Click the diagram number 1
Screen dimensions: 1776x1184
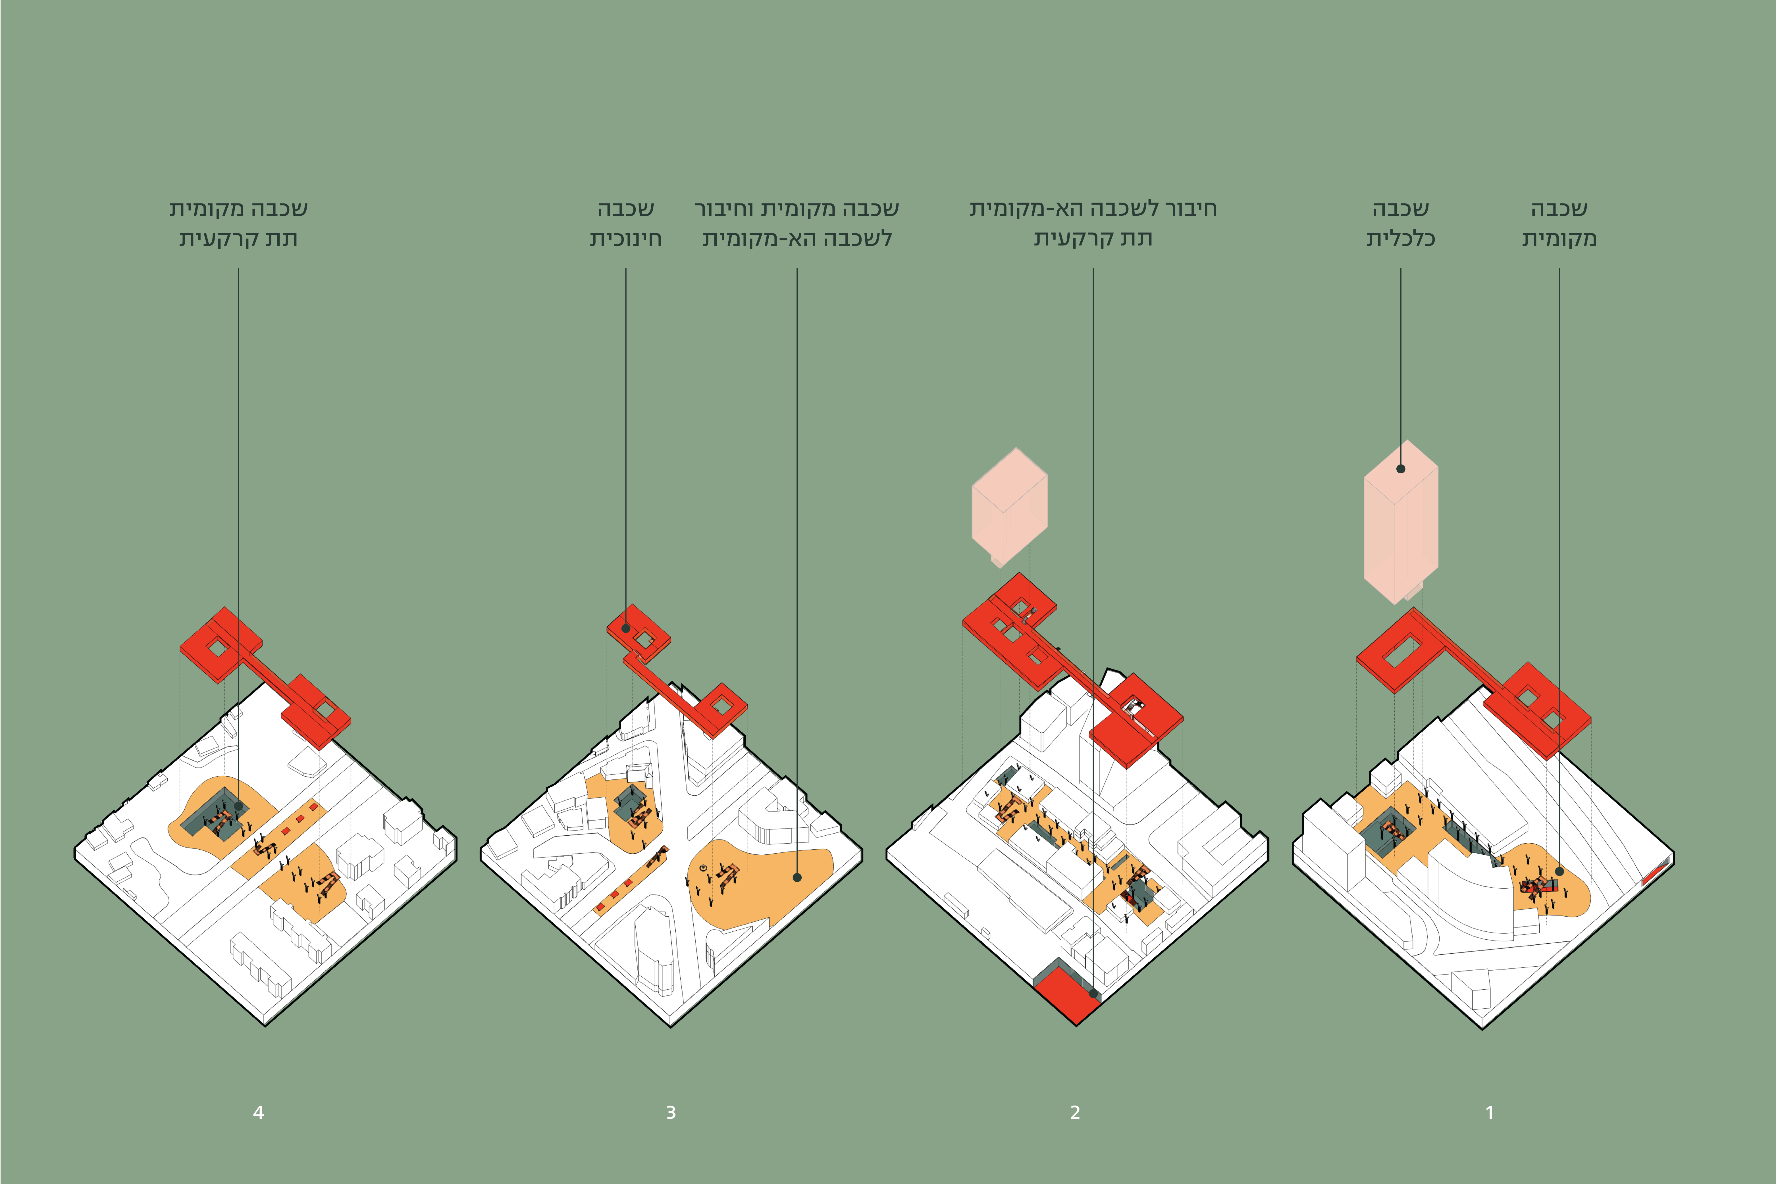(x=1489, y=1112)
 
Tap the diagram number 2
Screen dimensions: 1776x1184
(x=1075, y=1112)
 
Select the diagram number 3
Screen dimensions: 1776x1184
(x=671, y=1112)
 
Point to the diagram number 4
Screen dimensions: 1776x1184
(x=258, y=1112)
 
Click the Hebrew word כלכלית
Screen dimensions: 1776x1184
(x=1401, y=239)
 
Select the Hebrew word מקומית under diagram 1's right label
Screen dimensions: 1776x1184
(x=1559, y=239)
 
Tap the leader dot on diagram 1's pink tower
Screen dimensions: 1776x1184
(x=1401, y=469)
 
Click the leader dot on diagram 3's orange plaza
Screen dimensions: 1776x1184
(x=797, y=877)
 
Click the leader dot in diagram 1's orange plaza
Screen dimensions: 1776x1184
(x=1559, y=871)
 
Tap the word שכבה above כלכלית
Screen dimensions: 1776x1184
(x=1401, y=208)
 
